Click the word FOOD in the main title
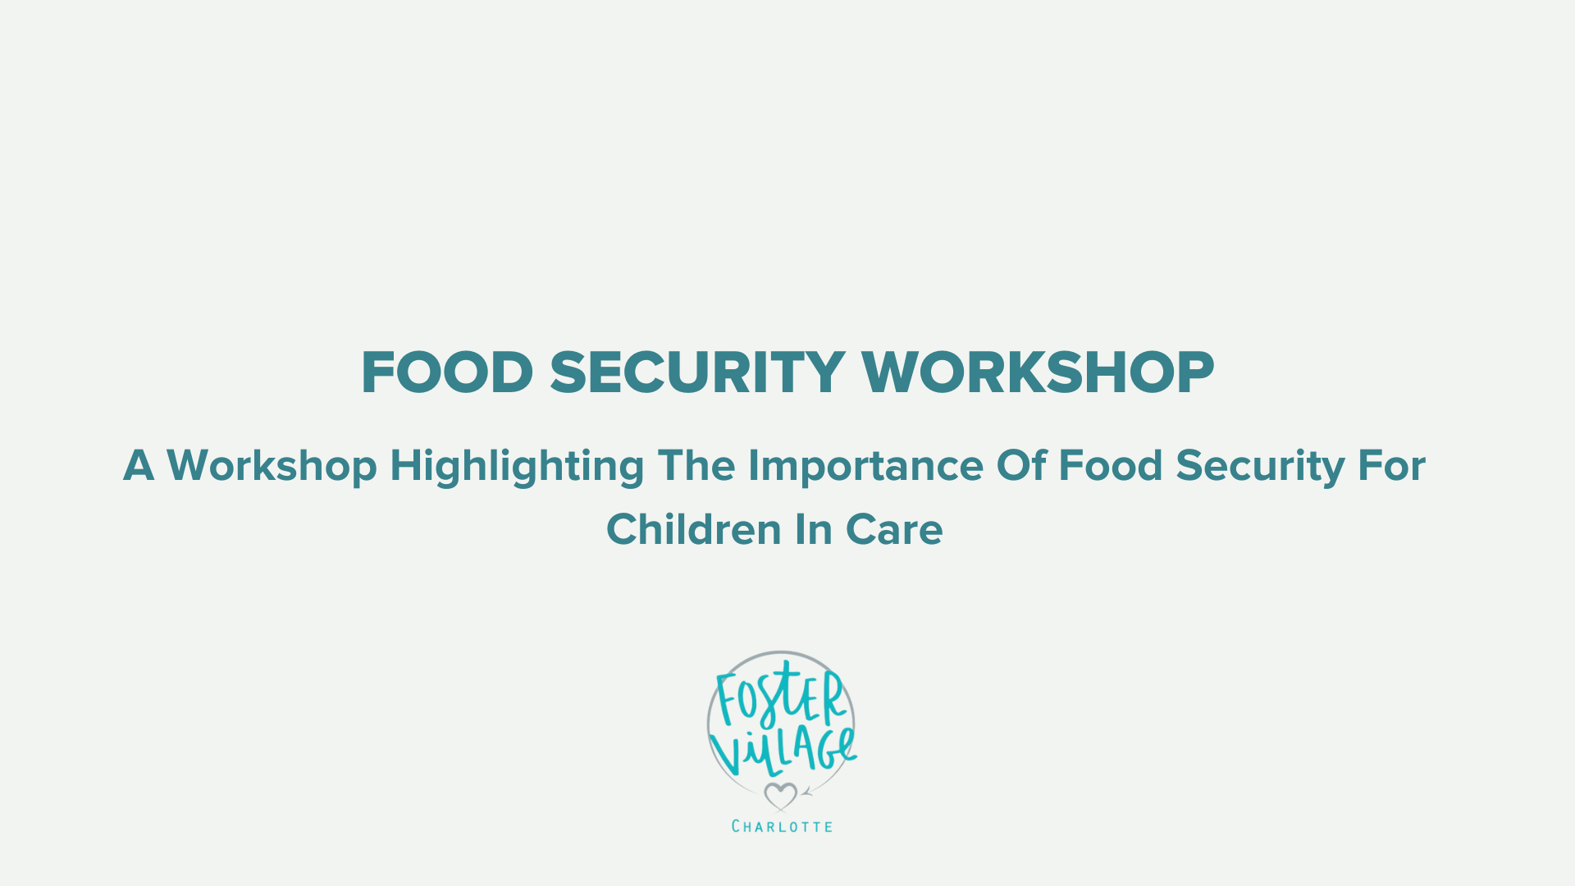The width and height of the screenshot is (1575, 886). click(x=447, y=373)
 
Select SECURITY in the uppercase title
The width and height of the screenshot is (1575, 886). click(x=697, y=373)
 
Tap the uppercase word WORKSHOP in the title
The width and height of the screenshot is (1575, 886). click(x=1038, y=373)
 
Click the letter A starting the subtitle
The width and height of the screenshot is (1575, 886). click(x=139, y=466)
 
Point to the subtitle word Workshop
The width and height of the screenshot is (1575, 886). click(x=272, y=466)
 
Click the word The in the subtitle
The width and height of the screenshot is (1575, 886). click(x=696, y=465)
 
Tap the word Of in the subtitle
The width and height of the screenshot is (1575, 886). click(x=1022, y=465)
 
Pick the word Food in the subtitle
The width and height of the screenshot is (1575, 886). click(x=1111, y=465)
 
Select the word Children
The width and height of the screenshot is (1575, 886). click(x=694, y=529)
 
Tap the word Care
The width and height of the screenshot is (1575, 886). click(x=894, y=530)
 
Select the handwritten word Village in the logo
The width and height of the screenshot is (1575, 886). click(x=783, y=751)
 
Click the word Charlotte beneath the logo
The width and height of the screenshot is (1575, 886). click(x=782, y=826)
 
